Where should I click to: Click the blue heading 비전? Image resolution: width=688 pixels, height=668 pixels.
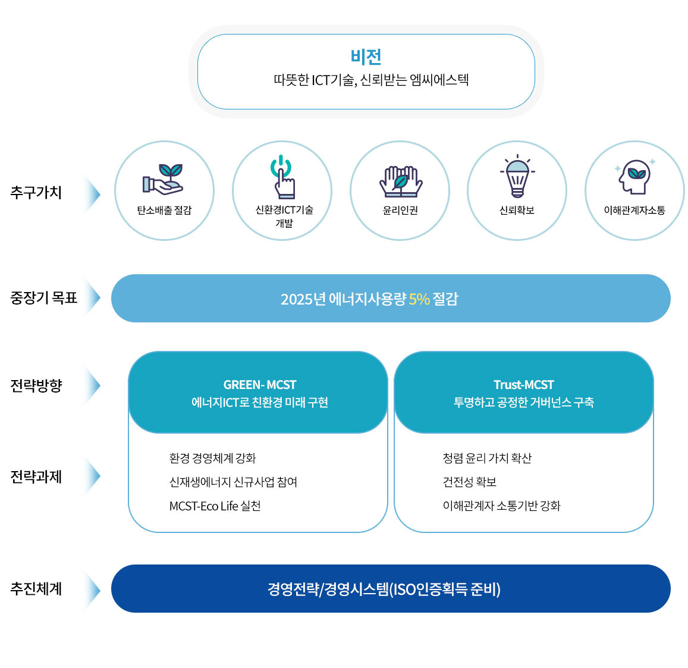(366, 57)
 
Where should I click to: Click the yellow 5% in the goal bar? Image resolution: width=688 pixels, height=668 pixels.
(419, 299)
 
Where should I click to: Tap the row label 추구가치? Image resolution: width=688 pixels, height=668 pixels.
(36, 193)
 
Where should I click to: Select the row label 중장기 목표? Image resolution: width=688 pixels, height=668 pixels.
(44, 297)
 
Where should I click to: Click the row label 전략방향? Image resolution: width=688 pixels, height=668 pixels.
(36, 385)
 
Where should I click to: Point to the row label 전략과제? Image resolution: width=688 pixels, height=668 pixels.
(36, 476)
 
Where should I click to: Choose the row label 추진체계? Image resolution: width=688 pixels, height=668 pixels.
(36, 589)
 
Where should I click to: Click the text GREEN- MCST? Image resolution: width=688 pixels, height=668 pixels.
(260, 385)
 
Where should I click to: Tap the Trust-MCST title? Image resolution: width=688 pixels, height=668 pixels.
(523, 385)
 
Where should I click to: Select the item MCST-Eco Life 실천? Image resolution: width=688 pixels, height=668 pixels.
(215, 506)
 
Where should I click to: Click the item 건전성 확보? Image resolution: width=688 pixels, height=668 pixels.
(469, 482)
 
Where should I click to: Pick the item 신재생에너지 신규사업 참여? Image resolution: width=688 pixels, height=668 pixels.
(233, 482)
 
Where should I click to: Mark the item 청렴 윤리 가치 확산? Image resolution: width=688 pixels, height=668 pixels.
(487, 458)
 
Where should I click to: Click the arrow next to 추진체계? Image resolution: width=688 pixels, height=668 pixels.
(92, 589)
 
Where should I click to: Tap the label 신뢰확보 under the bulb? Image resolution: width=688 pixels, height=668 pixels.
(517, 211)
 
